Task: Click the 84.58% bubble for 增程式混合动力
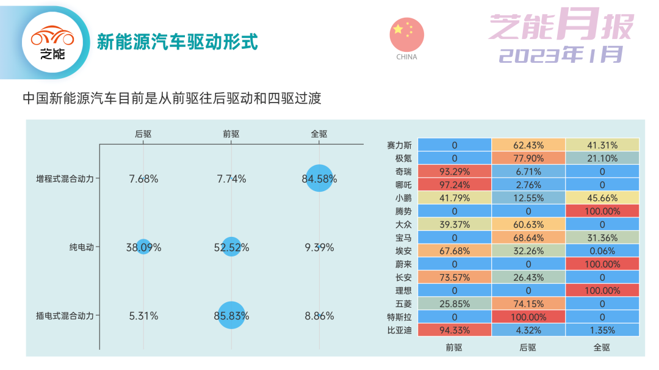[x=319, y=178]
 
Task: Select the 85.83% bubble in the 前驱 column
[x=231, y=315]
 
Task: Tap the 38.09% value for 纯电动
[x=144, y=247]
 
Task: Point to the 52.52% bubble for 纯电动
[x=231, y=247]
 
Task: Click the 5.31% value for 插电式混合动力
[x=144, y=316]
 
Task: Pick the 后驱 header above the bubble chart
[x=143, y=134]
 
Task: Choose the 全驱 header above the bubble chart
[x=319, y=134]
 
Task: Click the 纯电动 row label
[x=82, y=247]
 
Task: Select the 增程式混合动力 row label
[x=65, y=179]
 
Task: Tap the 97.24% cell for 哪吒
[x=455, y=184]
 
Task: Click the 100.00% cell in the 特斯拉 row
[x=528, y=317]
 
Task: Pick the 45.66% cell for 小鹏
[x=602, y=198]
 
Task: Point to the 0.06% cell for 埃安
[x=602, y=251]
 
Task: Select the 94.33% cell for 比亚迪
[x=455, y=330]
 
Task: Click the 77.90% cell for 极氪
[x=528, y=159]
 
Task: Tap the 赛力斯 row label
[x=399, y=145]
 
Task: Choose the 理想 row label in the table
[x=403, y=291]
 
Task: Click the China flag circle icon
[x=407, y=34]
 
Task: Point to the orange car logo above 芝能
[x=52, y=36]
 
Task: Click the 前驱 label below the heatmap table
[x=454, y=347]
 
